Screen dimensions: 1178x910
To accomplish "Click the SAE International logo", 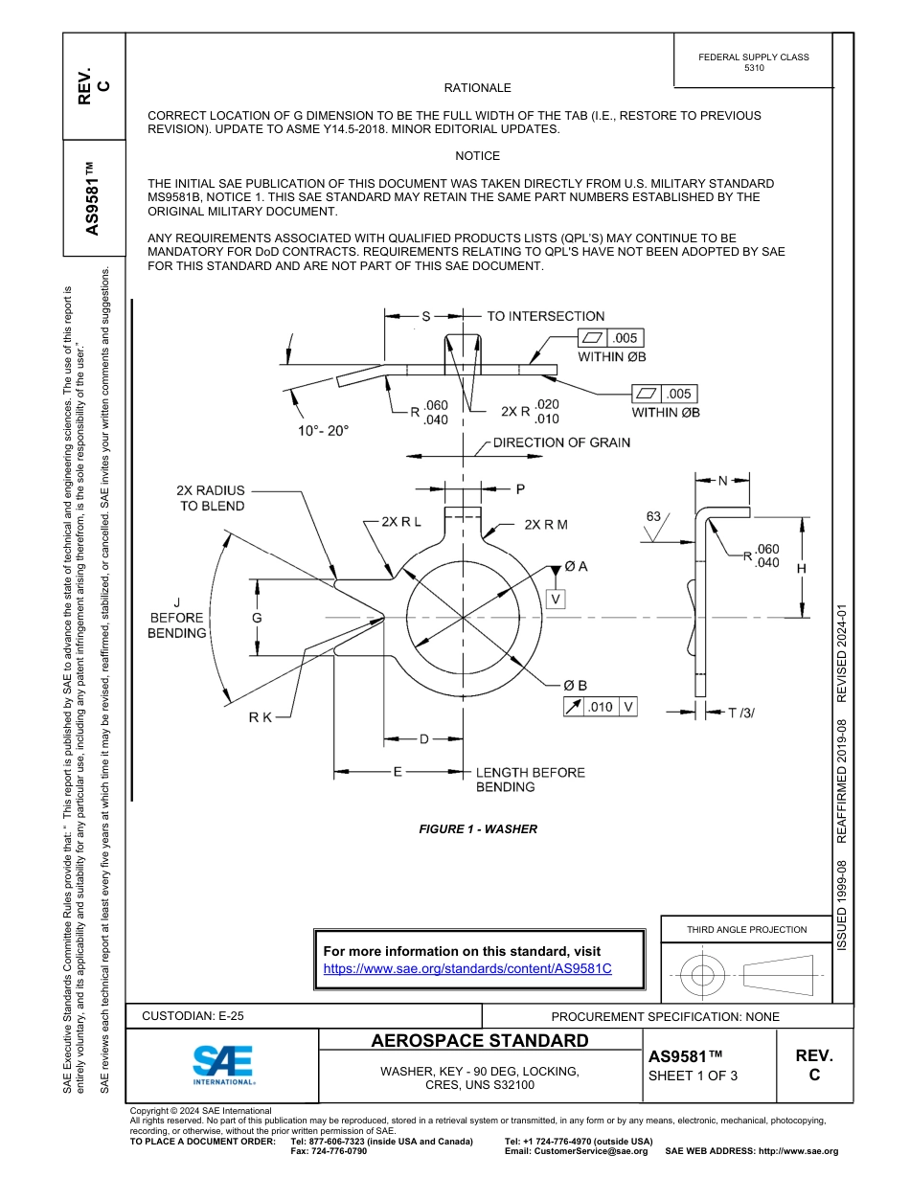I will click(x=223, y=1064).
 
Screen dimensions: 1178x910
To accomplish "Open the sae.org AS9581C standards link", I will click(x=467, y=968).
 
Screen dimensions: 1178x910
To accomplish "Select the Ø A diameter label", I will click(x=576, y=566).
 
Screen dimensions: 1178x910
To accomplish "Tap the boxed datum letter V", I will click(x=556, y=599).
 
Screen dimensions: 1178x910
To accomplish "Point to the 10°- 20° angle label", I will click(x=323, y=431).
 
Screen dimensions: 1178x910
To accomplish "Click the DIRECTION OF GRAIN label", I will click(x=561, y=442).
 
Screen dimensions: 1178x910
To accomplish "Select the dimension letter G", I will click(x=257, y=618).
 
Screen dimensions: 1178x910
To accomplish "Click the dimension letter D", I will click(x=423, y=738).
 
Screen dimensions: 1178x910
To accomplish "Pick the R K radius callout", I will click(x=261, y=717).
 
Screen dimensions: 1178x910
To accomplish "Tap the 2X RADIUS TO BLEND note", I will click(x=211, y=498).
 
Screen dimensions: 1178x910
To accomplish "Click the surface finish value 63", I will click(x=653, y=516).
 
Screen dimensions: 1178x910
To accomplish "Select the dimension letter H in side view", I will click(x=802, y=568).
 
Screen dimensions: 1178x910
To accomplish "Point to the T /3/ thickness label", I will click(x=741, y=712).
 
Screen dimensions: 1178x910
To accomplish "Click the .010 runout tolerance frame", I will click(x=601, y=707).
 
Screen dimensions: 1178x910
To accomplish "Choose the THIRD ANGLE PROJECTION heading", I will click(x=746, y=929).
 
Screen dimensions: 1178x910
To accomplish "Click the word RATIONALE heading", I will click(x=477, y=87).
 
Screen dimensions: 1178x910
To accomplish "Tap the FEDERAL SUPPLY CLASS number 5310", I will click(x=754, y=68).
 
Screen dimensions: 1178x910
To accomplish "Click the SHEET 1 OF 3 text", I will click(x=693, y=1076).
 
